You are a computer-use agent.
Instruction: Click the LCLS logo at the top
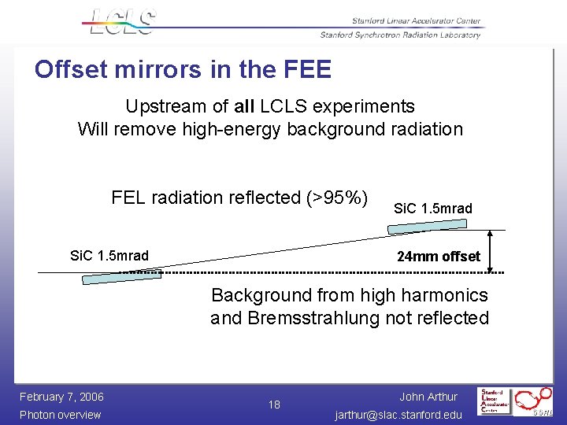[x=120, y=21]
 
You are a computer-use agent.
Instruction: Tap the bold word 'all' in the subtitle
[x=245, y=106]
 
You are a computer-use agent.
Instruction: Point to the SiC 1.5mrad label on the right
[x=432, y=209]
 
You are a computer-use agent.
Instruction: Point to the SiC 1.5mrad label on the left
[x=109, y=256]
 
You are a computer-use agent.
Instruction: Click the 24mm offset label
[x=438, y=257]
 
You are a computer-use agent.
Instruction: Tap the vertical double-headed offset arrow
[x=491, y=252]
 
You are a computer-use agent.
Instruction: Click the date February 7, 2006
[x=61, y=396]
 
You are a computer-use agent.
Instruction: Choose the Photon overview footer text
[x=60, y=415]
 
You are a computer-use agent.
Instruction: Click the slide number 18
[x=274, y=405]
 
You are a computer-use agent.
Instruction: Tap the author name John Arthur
[x=428, y=397]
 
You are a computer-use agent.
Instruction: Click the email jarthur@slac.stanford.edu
[x=398, y=415]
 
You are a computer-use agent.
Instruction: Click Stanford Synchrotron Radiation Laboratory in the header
[x=400, y=35]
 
